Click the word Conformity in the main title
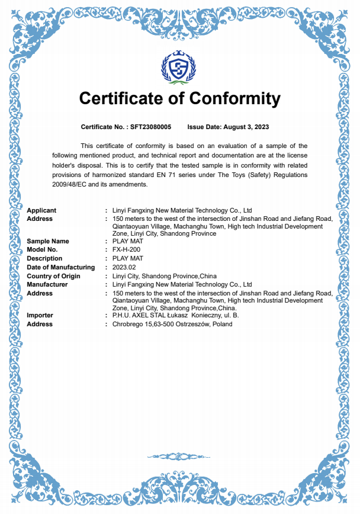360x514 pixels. point(234,98)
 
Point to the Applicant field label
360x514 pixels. point(41,210)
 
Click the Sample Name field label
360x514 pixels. point(47,241)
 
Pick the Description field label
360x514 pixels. point(44,259)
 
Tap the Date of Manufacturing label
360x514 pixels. point(60,268)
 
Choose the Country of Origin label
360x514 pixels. point(53,277)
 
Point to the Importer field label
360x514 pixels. point(40,316)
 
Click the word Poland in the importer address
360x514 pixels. point(223,325)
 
